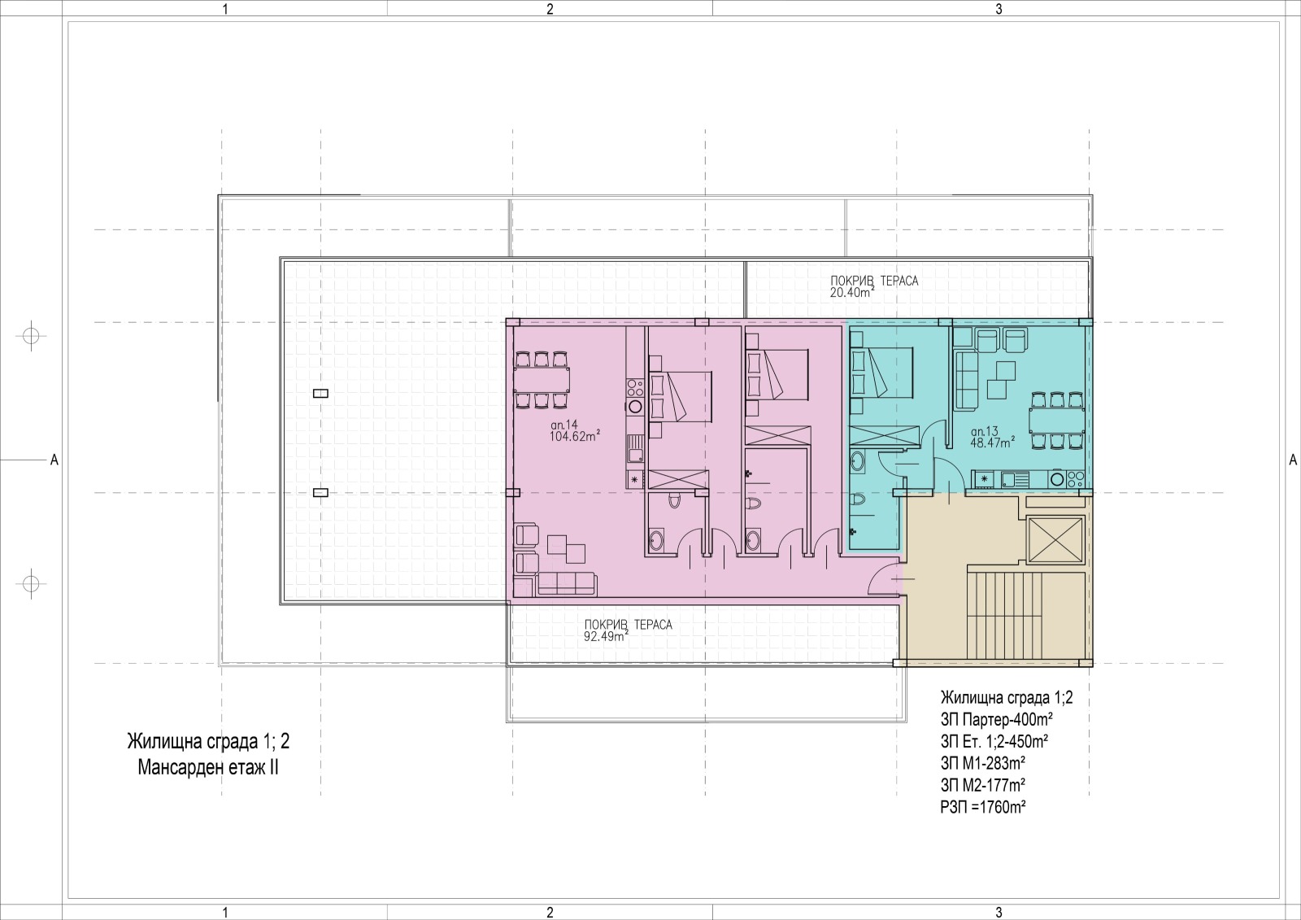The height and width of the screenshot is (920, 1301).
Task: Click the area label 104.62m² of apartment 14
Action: click(575, 436)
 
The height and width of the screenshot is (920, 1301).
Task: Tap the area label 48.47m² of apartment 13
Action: click(993, 443)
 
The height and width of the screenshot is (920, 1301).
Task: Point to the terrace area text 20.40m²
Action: click(852, 292)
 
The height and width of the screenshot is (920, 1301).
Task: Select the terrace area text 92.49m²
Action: click(607, 636)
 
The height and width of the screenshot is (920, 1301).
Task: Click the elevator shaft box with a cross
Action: click(1055, 540)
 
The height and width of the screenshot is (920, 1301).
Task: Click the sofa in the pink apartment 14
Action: click(567, 583)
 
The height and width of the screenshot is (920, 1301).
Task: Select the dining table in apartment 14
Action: click(542, 380)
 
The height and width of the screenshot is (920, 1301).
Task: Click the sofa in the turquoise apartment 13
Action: click(966, 380)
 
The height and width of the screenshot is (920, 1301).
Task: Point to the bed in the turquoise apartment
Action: click(882, 372)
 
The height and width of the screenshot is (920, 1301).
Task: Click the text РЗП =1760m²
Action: click(983, 807)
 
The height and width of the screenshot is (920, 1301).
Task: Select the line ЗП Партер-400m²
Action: click(997, 720)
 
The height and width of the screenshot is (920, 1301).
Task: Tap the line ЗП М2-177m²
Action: click(983, 785)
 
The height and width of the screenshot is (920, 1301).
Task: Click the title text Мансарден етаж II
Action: click(208, 768)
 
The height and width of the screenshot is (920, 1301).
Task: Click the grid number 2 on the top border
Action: click(550, 9)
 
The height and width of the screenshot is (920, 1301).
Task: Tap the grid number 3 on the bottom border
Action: click(999, 913)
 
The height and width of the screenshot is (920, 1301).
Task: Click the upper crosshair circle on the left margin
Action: click(31, 336)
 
